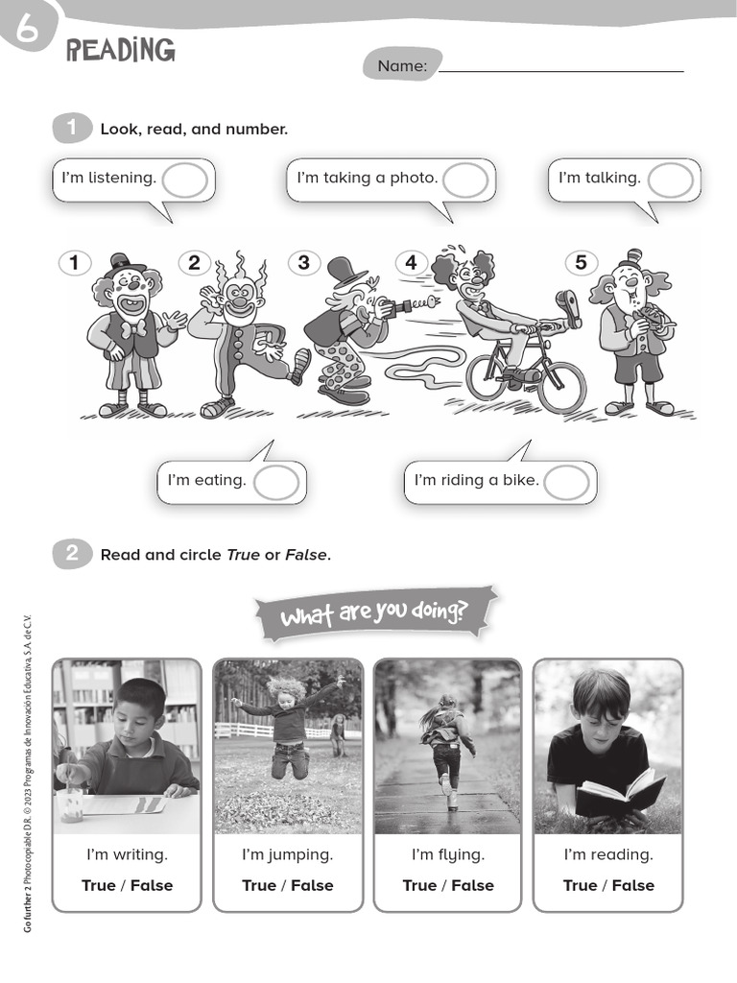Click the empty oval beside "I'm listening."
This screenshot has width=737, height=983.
point(185,180)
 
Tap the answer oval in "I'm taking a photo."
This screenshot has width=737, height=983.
point(465,180)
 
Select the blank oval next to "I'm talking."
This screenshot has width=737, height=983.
point(670,180)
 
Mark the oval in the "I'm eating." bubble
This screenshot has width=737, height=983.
point(276,482)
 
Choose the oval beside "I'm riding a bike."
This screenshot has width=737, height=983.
point(566,482)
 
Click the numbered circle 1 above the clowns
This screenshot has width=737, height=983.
point(74,262)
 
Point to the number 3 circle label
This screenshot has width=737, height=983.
point(303,262)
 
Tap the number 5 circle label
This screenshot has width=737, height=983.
point(581,262)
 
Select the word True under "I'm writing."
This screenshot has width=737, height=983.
point(98,885)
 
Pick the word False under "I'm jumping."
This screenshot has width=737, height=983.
point(312,885)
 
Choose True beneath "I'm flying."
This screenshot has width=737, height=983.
point(419,885)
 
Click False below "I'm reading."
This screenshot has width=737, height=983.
point(633,885)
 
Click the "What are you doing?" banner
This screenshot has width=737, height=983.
point(375,612)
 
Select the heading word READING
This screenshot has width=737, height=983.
point(121,51)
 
